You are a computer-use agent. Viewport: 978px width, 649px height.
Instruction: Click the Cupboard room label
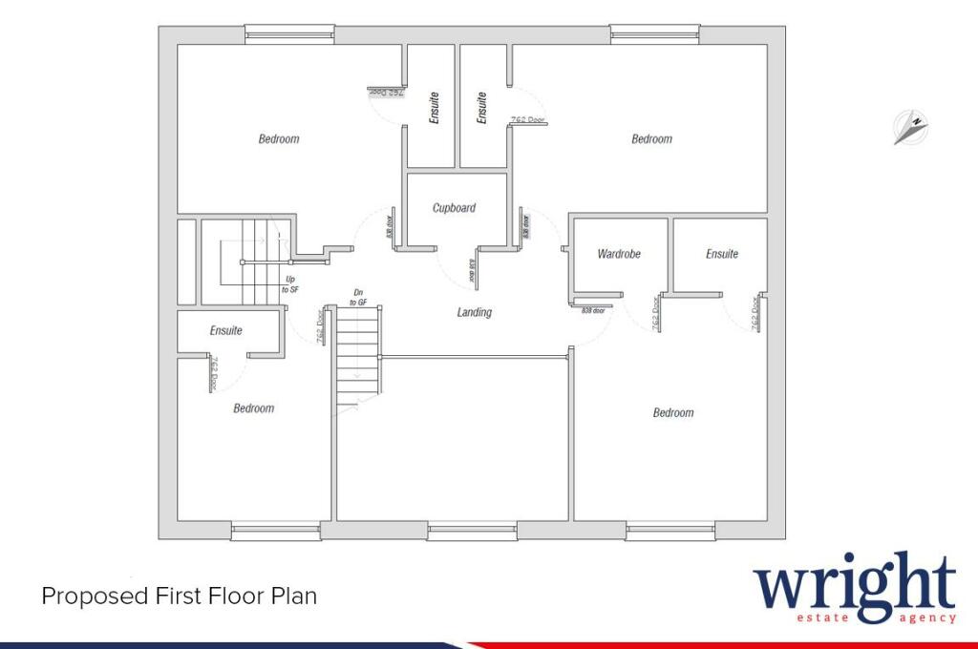coord(454,208)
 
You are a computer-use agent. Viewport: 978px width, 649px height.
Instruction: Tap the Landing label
coord(475,312)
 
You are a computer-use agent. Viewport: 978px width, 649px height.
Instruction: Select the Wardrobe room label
coord(618,254)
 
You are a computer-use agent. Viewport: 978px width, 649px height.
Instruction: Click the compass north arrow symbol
coord(911,127)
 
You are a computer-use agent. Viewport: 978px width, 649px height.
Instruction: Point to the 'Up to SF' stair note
coord(289,283)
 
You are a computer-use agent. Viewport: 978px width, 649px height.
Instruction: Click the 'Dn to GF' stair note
coord(358,297)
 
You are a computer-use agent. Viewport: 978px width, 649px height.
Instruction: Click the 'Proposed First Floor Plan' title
coord(179,597)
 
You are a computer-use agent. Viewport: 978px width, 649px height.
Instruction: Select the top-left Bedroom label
coord(279,139)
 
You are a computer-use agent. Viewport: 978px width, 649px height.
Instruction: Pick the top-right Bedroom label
coord(651,139)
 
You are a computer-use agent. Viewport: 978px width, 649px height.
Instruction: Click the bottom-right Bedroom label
coord(673,412)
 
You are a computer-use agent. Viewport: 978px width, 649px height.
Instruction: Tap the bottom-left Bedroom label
coord(254,408)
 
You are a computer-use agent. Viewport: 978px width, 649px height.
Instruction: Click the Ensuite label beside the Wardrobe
coord(722,254)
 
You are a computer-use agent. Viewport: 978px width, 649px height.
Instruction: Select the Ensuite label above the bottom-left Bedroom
coord(226,331)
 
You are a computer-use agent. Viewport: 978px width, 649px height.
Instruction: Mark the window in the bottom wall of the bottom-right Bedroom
coord(671,531)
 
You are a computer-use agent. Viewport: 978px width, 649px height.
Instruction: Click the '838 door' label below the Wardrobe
coord(593,310)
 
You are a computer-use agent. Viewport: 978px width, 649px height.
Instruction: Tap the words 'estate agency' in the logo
coord(876,618)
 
